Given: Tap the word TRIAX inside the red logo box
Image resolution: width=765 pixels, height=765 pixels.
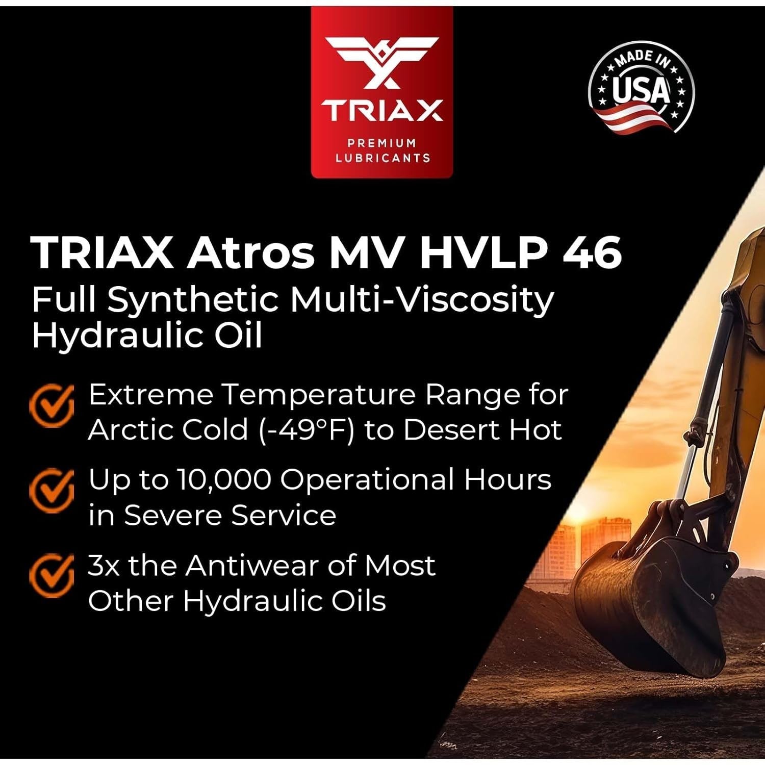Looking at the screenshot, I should click(381, 110).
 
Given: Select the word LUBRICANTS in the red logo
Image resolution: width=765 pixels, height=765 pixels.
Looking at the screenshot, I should click(382, 158).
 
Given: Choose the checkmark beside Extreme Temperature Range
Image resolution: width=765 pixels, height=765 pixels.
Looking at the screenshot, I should click(52, 405).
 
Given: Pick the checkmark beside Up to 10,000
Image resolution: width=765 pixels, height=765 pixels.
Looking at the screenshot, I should click(52, 490).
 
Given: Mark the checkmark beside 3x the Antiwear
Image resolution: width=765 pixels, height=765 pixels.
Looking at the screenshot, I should click(52, 575).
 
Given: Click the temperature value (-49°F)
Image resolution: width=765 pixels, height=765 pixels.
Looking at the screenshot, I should click(306, 429).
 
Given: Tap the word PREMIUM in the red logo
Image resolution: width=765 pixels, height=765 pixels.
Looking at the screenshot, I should click(382, 143).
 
